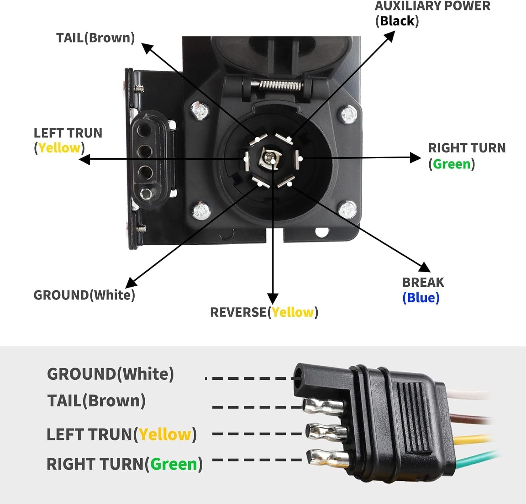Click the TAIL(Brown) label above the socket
[95, 38]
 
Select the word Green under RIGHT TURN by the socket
[452, 164]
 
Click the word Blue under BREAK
[421, 298]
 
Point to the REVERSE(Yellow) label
[264, 312]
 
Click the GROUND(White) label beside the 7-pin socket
[84, 295]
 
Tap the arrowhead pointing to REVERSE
[273, 299]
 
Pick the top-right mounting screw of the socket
[349, 114]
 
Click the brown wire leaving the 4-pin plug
[470, 418]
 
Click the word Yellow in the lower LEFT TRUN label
[165, 435]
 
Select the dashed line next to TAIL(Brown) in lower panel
[258, 407]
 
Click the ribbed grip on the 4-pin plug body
[417, 418]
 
